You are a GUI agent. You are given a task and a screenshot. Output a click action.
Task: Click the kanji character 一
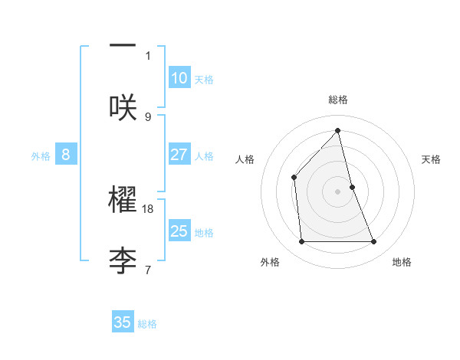tap(123, 46)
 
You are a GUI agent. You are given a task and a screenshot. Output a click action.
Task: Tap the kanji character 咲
tap(123, 106)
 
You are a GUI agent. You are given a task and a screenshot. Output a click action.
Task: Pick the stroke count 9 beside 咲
tap(148, 116)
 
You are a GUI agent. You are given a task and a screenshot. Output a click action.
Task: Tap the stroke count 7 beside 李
tap(148, 270)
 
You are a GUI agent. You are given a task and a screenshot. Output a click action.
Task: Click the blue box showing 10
tap(179, 78)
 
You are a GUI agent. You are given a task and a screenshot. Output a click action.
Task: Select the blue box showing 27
tap(179, 155)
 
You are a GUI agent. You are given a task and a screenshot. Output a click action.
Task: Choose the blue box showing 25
tap(179, 231)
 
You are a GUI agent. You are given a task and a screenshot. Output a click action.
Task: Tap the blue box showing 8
tap(66, 155)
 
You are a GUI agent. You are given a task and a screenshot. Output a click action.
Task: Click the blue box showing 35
tap(123, 322)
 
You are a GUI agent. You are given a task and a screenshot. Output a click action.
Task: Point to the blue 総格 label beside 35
tap(147, 324)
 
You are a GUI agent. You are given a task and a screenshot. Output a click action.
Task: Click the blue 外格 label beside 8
tap(41, 156)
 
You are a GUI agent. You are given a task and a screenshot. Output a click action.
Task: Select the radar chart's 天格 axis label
tap(431, 159)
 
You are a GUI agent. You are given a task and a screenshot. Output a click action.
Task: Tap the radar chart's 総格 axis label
tap(338, 100)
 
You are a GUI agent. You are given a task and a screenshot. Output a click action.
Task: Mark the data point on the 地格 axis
tap(374, 242)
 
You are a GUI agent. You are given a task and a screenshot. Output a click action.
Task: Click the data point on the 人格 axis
tap(294, 178)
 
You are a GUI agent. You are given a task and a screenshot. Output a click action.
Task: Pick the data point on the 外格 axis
tap(301, 242)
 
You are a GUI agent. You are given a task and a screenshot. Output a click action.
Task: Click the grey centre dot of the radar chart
tap(338, 191)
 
